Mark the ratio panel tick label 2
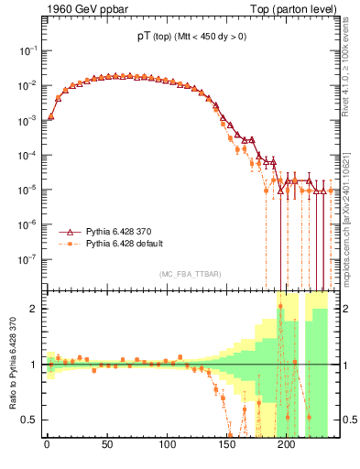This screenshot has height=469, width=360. pyautogui.click(x=32, y=309)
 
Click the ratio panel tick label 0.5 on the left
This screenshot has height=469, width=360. pyautogui.click(x=28, y=420)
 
